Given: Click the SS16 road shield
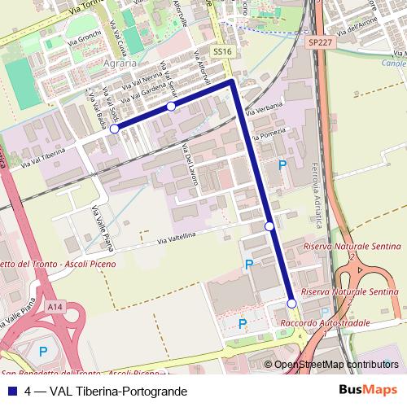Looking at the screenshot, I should (x=221, y=50).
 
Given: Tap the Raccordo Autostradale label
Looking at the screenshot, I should (x=319, y=324).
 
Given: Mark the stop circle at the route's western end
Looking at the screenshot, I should (x=115, y=129).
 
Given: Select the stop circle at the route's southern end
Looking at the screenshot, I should (x=291, y=304).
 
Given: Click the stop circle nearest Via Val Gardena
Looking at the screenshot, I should (x=171, y=107).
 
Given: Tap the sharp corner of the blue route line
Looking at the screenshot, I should (x=233, y=82).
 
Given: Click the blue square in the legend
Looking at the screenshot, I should (x=9, y=392).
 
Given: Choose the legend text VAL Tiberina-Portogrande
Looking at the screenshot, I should (x=118, y=392).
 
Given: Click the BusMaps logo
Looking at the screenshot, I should (x=371, y=390).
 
